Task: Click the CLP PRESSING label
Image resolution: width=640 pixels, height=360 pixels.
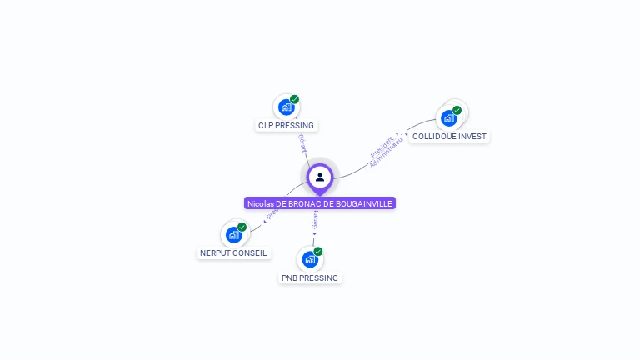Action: (x=286, y=126)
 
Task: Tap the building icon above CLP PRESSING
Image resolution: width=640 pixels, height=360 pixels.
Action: (x=286, y=107)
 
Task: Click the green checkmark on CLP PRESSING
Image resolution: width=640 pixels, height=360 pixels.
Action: (x=294, y=99)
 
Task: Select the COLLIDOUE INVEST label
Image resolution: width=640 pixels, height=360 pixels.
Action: (x=450, y=136)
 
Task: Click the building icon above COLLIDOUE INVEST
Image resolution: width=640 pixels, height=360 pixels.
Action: (x=449, y=117)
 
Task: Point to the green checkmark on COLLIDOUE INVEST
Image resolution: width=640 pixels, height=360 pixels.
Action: (x=457, y=110)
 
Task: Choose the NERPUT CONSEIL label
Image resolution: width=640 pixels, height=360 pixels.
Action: (x=233, y=252)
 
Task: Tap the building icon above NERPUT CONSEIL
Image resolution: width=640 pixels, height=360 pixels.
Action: (x=233, y=234)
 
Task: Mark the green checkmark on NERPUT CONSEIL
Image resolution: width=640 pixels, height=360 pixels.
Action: (x=242, y=227)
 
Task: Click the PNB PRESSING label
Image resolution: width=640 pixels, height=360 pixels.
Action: (x=310, y=277)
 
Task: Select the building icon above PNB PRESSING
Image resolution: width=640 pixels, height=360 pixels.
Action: (x=310, y=259)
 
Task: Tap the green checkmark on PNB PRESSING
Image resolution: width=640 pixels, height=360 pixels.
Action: (x=317, y=252)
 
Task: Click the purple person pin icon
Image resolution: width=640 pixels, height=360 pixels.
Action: (x=320, y=177)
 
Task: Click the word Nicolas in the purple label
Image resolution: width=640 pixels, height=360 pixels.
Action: (x=261, y=203)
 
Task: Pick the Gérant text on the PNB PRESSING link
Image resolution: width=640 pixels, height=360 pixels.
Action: (x=314, y=219)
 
